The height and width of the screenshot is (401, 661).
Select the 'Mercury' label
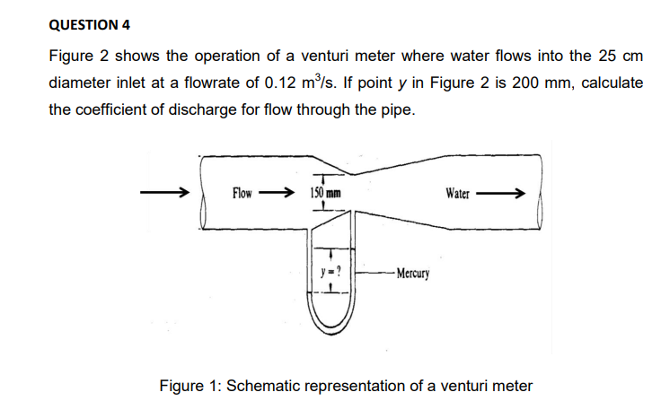[413, 272]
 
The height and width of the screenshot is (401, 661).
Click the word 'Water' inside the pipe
[457, 193]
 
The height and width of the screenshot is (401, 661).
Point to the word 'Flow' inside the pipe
[244, 193]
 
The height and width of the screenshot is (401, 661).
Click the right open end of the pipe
[542, 212]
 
